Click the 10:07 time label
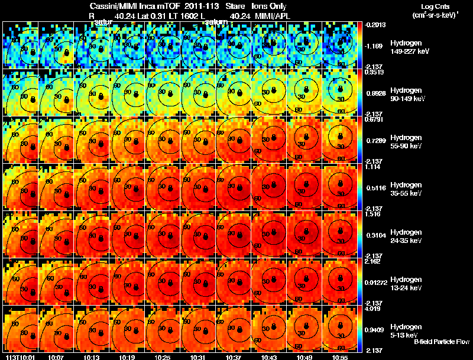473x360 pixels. pos(57,357)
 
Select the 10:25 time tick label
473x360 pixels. pos(163,357)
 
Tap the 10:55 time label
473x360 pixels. pos(341,357)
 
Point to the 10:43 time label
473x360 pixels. pos(270,357)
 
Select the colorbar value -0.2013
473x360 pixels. pos(376,25)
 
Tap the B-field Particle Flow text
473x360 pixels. pos(441,342)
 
